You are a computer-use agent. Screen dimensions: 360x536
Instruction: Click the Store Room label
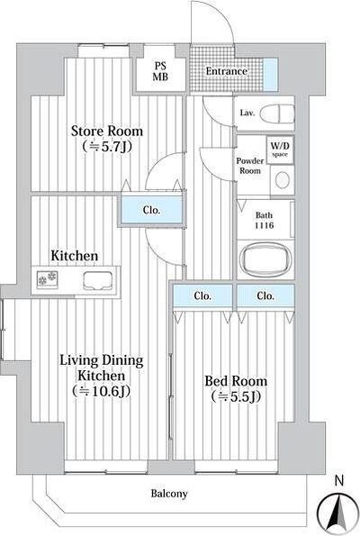(107, 132)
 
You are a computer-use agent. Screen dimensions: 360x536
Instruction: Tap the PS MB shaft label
(160, 71)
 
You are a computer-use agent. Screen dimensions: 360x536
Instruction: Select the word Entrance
(227, 71)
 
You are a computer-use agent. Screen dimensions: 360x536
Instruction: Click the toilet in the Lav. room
(277, 114)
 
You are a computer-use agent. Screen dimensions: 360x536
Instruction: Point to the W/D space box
(280, 150)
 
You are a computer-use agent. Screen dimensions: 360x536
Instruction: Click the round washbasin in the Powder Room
(283, 180)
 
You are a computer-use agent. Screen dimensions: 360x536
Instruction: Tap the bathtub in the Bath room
(266, 259)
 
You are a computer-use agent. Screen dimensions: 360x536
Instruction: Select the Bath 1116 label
(264, 220)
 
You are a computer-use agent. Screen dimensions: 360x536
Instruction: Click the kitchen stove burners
(48, 278)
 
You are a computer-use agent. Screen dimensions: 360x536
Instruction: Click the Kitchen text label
(75, 256)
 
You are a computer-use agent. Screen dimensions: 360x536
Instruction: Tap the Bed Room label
(236, 381)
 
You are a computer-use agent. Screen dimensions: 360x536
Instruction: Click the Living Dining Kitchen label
(102, 368)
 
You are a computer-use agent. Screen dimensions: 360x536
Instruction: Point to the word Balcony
(169, 494)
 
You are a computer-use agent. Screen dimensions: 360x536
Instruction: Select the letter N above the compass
(338, 481)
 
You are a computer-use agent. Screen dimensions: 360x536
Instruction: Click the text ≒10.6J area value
(102, 391)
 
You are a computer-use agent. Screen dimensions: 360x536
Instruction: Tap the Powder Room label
(250, 166)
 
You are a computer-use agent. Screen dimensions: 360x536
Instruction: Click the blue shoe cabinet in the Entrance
(271, 75)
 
